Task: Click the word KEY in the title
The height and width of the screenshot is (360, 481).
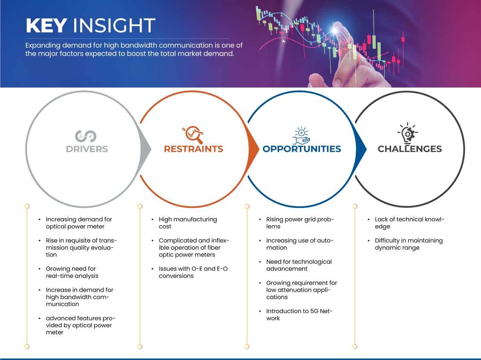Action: click(46, 25)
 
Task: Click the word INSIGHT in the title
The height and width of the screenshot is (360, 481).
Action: click(114, 25)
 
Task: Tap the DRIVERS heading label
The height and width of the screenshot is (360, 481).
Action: click(87, 149)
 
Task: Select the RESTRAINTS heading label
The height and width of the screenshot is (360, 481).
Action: click(193, 149)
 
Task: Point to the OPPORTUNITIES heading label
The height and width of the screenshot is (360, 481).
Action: click(302, 149)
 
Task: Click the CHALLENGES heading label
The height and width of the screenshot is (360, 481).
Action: click(410, 149)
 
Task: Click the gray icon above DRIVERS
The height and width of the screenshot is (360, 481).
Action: click(86, 136)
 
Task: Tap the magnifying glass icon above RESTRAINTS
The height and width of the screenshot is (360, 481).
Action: click(193, 135)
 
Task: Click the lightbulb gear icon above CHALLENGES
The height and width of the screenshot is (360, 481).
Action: click(407, 133)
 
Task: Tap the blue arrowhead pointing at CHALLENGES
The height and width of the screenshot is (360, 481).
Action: click(361, 150)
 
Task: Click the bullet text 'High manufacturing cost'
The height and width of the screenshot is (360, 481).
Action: click(188, 223)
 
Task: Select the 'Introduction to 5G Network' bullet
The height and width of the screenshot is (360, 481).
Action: click(300, 314)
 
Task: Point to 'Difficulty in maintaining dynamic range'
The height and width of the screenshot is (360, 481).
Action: click(409, 244)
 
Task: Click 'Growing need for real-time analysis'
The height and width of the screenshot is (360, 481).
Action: click(72, 272)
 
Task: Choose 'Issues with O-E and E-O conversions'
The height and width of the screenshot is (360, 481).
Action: click(193, 272)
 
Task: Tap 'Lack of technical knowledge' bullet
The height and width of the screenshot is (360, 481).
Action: click(409, 223)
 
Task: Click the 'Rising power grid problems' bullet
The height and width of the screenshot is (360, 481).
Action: click(300, 223)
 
